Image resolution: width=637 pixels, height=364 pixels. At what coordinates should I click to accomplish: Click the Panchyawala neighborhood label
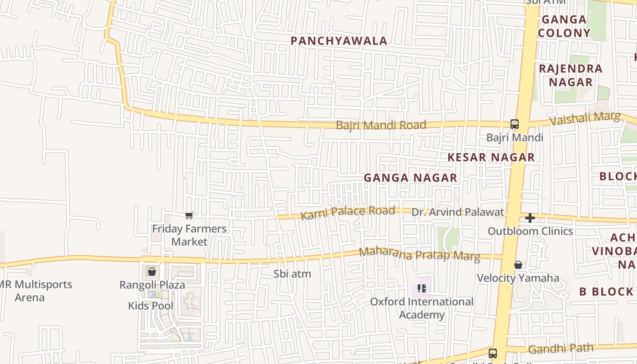tap(339, 41)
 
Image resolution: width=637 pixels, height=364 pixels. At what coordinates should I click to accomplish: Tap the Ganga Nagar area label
tap(410, 178)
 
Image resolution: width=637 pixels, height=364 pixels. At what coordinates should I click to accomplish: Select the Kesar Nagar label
tap(491, 157)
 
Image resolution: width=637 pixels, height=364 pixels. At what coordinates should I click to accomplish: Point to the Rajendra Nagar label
tap(571, 76)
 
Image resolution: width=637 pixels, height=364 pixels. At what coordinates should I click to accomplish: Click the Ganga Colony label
tap(564, 26)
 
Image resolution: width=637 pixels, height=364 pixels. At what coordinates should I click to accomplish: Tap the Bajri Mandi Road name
tap(381, 125)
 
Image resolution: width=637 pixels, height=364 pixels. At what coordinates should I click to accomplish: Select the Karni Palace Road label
tap(348, 212)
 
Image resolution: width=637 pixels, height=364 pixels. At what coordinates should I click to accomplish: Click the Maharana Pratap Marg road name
tap(419, 254)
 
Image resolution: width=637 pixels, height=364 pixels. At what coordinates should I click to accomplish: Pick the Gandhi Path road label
tap(561, 349)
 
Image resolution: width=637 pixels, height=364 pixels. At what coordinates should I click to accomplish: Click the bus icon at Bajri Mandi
tap(514, 124)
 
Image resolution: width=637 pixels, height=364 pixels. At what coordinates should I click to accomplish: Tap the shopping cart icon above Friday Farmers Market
tap(189, 215)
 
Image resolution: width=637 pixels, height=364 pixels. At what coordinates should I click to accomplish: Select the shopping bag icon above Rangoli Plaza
tap(152, 272)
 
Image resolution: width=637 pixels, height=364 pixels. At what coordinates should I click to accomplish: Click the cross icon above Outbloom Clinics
tap(530, 218)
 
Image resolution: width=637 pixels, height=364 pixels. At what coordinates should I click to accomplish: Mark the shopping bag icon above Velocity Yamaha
tap(518, 265)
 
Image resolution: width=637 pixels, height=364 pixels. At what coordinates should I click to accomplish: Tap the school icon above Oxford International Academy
tap(421, 288)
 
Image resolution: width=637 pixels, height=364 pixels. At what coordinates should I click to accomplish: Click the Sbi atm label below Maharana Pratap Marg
tap(292, 274)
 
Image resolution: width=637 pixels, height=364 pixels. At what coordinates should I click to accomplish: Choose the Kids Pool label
tap(151, 306)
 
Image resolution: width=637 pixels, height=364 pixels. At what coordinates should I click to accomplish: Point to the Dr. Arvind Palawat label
tap(458, 212)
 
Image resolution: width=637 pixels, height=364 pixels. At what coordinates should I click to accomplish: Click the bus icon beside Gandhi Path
tap(492, 353)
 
